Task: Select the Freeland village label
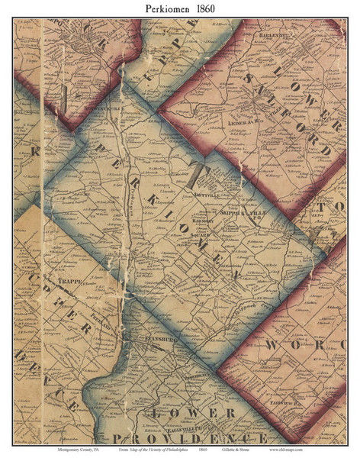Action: pyautogui.click(x=100, y=324)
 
